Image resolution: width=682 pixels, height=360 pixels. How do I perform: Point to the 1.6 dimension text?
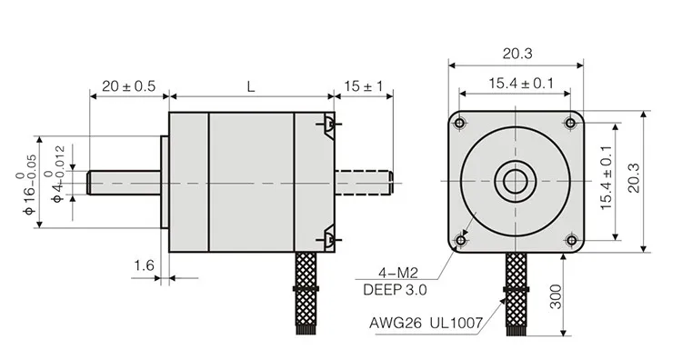[x=144, y=265]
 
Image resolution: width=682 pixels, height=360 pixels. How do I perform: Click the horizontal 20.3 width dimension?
[x=516, y=52]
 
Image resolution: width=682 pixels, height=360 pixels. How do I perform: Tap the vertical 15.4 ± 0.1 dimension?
[x=607, y=182]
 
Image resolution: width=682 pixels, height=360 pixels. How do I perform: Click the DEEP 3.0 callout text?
[x=395, y=291]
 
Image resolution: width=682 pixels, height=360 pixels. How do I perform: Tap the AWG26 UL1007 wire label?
[x=425, y=322]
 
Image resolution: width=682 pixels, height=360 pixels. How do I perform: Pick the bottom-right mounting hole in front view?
[x=571, y=240]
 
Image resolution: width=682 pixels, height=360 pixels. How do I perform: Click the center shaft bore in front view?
[x=516, y=181]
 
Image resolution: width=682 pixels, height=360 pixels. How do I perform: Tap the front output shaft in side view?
[x=125, y=181]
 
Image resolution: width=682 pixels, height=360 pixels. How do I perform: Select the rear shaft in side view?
[x=363, y=181]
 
